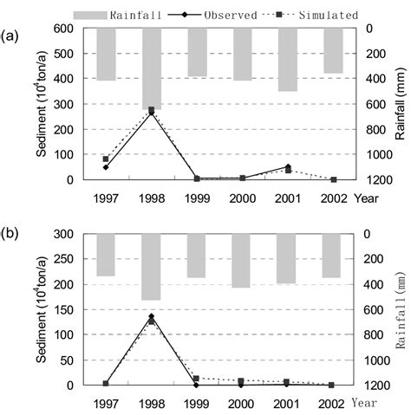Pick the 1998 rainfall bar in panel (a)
152,68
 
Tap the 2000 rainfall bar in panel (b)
242,261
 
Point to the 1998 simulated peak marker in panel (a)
152,110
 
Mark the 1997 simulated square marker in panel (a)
106,159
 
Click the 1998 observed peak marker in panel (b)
152,316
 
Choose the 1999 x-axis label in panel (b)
197,403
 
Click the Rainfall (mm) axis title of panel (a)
400,104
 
